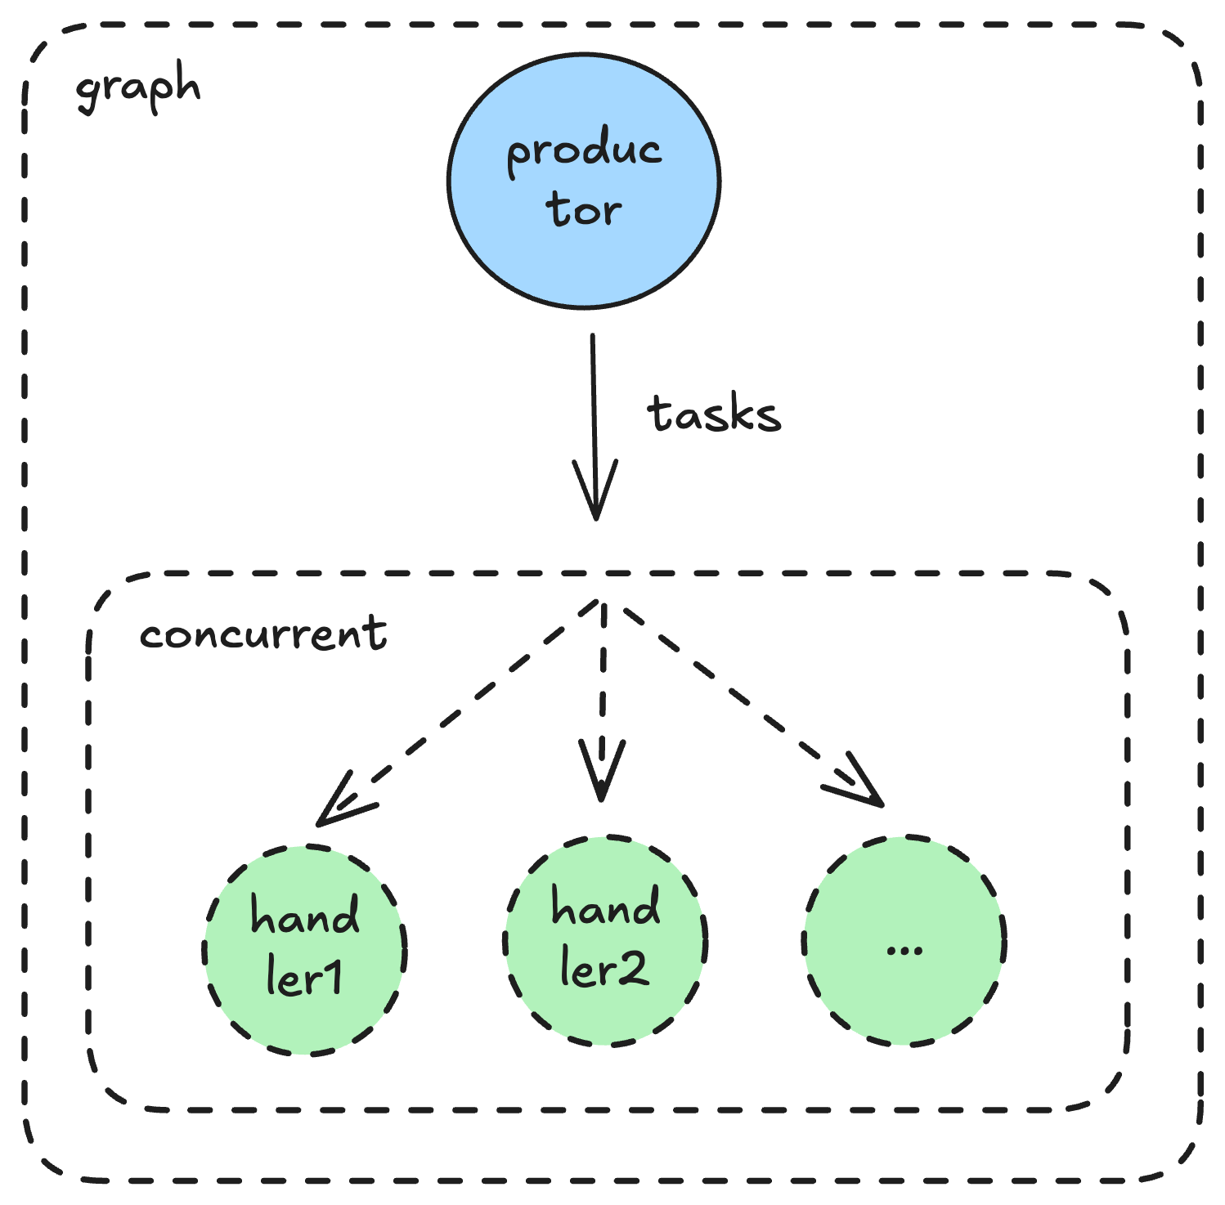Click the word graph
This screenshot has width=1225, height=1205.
[137, 88]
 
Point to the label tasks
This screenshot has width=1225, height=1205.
[714, 414]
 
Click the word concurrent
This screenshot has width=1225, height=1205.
[262, 634]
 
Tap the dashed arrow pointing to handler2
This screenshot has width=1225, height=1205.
[603, 679]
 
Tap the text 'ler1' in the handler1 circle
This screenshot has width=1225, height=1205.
[304, 977]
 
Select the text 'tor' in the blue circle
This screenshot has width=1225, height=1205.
[584, 209]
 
